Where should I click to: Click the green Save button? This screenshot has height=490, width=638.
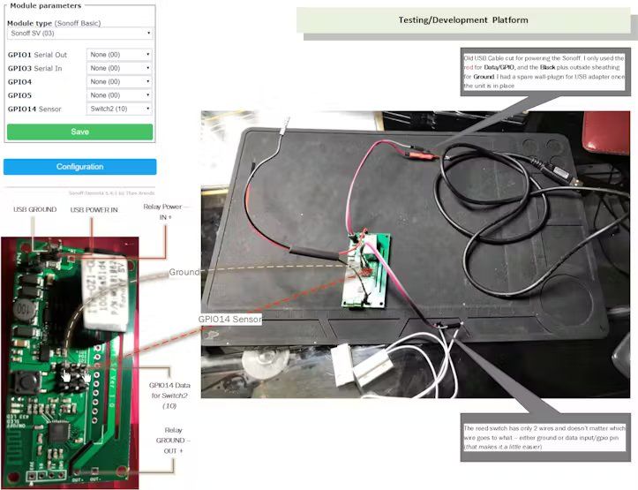click(x=79, y=132)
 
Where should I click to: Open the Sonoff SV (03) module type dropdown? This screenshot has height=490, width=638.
click(x=79, y=33)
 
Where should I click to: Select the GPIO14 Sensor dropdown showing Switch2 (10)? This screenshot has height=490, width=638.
click(x=119, y=109)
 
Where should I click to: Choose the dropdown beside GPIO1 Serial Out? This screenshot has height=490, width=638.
click(x=119, y=54)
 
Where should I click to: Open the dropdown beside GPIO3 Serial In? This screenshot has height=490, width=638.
click(x=119, y=68)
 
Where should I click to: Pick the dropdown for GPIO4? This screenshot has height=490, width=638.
click(x=119, y=81)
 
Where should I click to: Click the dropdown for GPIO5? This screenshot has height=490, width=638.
click(x=119, y=95)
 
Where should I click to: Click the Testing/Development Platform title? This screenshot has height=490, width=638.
click(x=464, y=19)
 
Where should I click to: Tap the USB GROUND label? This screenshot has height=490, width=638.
click(x=35, y=209)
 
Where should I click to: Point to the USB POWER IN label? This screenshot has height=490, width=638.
click(x=94, y=209)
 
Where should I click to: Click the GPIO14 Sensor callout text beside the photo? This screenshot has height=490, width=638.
click(x=229, y=319)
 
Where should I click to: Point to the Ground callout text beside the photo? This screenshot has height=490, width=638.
click(x=184, y=273)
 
